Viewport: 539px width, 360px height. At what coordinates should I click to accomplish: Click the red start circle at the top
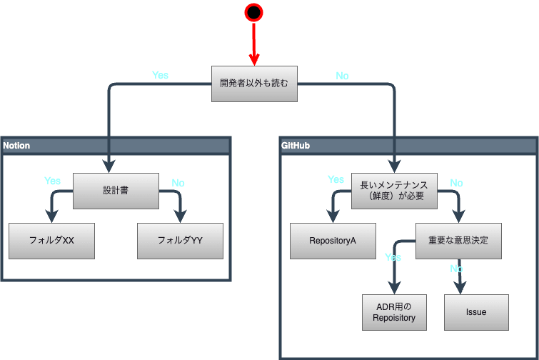click(x=253, y=12)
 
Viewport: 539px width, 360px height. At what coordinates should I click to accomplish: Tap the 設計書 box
click(x=116, y=191)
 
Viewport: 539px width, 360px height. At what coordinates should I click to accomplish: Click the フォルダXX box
click(x=51, y=241)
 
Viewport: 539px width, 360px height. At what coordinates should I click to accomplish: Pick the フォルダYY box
click(x=180, y=241)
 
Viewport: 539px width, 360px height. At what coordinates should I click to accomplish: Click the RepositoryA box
click(x=333, y=241)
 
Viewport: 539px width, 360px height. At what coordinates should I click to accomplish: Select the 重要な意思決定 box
click(x=458, y=241)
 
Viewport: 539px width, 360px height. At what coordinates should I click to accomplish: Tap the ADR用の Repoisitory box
click(x=394, y=312)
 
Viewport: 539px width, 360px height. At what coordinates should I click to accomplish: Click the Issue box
click(x=476, y=312)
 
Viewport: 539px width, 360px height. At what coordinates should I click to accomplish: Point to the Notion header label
click(x=16, y=146)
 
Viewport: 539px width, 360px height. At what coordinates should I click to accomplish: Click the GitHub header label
click(x=296, y=146)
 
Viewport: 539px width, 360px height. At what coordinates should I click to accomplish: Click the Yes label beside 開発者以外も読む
click(x=160, y=75)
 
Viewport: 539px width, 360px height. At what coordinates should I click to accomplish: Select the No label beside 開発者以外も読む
click(x=342, y=76)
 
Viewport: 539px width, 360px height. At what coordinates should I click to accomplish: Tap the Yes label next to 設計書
click(x=52, y=181)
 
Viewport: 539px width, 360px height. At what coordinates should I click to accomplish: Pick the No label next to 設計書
click(x=178, y=183)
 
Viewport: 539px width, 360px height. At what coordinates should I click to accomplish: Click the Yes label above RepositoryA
click(x=336, y=179)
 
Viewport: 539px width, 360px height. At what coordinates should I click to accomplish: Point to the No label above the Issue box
click(x=456, y=269)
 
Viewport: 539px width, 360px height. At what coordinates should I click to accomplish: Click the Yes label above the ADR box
click(x=393, y=256)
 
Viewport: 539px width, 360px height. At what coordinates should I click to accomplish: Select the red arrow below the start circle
click(x=253, y=43)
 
